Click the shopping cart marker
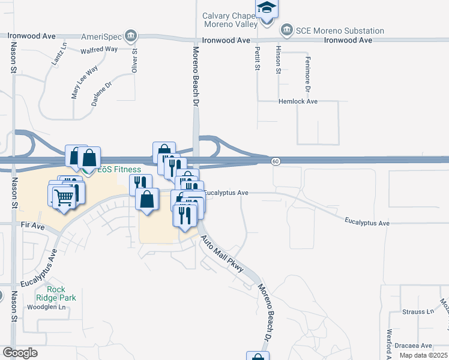[63, 196]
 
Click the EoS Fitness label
[119, 170]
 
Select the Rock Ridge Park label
[64, 293]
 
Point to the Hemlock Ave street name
[298, 101]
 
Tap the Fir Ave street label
[33, 226]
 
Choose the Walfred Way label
[99, 49]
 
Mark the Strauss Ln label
[418, 312]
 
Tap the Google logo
[20, 353]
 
